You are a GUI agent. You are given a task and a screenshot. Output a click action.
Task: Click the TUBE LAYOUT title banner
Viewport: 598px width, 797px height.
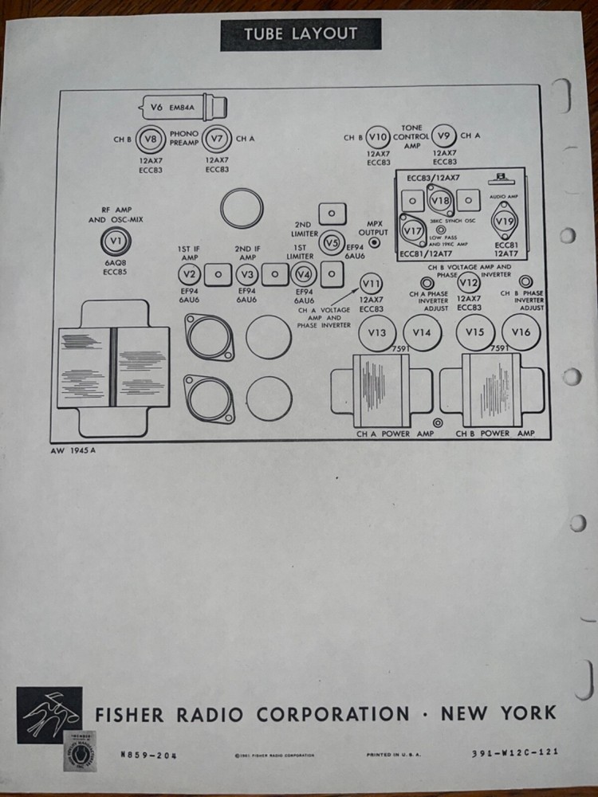[x=301, y=33]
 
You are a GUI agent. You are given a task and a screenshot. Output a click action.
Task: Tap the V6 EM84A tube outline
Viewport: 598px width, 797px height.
[x=182, y=106]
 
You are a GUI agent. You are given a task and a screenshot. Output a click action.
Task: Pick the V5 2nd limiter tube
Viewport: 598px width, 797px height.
[x=331, y=243]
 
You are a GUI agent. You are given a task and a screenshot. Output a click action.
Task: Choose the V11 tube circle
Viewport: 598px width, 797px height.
[x=371, y=283]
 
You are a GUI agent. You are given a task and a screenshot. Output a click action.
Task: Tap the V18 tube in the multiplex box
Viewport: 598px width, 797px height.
[x=439, y=200]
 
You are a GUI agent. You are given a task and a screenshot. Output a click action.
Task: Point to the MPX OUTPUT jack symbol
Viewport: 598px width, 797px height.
[x=374, y=242]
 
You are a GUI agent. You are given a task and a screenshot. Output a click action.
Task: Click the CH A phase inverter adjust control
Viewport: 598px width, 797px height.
[x=427, y=283]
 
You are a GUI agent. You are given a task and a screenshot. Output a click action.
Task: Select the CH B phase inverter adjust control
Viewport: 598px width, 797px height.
[x=526, y=281]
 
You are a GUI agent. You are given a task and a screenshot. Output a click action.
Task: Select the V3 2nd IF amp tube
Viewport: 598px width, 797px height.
[x=247, y=275]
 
